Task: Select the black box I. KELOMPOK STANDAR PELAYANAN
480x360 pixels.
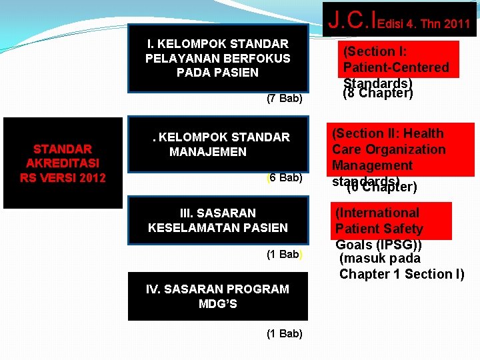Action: (218, 58)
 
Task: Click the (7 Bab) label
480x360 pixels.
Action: (284, 99)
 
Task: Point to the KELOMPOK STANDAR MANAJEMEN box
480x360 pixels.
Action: (218, 144)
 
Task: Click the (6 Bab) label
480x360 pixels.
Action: (284, 178)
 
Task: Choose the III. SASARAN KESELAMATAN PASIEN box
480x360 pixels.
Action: (218, 220)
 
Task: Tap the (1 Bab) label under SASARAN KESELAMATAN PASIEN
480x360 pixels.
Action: (285, 254)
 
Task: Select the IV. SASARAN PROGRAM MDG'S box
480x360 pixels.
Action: (218, 296)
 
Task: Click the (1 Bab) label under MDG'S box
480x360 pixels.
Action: (284, 333)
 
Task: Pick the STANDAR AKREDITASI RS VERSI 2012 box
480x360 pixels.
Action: (63, 163)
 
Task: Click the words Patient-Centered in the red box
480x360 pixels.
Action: (396, 67)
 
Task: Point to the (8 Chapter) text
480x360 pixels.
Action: (378, 93)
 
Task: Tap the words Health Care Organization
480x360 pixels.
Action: (389, 149)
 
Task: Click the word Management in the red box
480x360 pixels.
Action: (372, 165)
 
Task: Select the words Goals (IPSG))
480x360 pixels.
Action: (379, 244)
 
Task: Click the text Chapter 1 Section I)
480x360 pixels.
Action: (401, 274)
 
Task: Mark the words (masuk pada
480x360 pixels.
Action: (380, 259)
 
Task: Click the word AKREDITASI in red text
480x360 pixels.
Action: (63, 163)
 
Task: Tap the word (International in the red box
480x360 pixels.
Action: (377, 213)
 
